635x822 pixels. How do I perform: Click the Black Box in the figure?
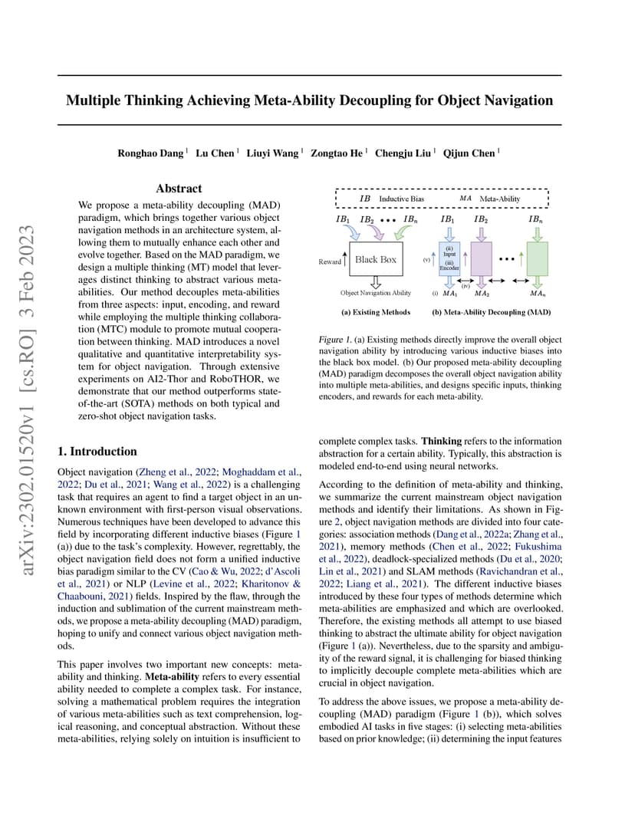tap(376, 260)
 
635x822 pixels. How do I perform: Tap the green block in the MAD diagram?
tap(538, 260)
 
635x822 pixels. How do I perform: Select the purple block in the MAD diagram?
tap(481, 260)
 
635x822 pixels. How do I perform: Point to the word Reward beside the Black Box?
tap(330, 262)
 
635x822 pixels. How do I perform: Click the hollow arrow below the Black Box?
tap(375, 281)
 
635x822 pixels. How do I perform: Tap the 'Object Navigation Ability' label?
tap(376, 293)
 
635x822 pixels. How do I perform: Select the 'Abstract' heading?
tap(179, 189)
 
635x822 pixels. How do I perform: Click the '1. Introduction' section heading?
tap(97, 452)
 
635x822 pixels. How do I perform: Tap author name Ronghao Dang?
tap(150, 153)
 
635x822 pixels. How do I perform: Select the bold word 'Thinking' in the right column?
tap(442, 442)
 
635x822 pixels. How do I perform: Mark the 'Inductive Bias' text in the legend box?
tap(401, 199)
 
